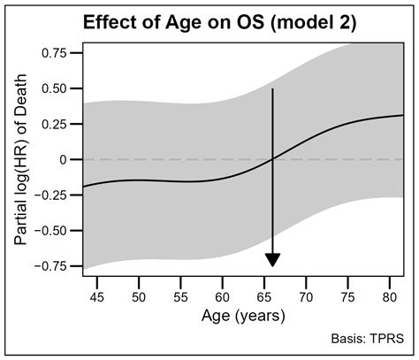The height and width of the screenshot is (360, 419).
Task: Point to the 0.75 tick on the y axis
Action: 57,53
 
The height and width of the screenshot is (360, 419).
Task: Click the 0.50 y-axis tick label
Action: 57,88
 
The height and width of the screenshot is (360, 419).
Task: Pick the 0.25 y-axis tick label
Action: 57,124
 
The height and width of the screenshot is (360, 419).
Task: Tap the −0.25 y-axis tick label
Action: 53,195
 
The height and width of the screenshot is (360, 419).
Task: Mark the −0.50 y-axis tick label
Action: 53,230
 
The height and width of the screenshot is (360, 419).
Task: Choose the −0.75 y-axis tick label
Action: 53,265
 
